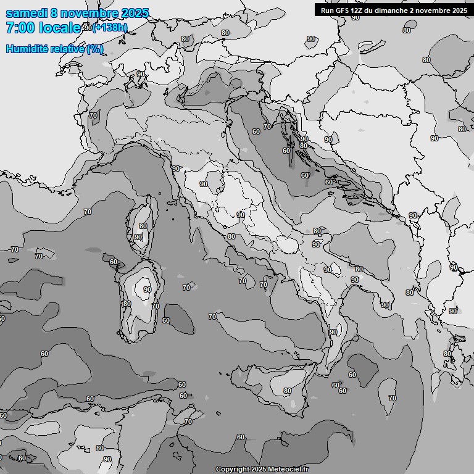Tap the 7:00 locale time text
click(43, 28)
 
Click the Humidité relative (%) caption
click(54, 49)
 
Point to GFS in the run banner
click(359, 10)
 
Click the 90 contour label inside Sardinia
click(147, 289)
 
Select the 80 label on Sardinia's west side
click(127, 304)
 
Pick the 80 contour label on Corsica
click(143, 227)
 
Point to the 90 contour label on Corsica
click(138, 237)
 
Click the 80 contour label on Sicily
click(287, 391)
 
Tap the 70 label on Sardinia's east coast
click(156, 306)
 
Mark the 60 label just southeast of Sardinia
click(165, 320)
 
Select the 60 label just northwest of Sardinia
click(113, 262)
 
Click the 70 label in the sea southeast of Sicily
click(392, 398)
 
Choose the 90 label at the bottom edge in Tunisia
click(107, 459)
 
